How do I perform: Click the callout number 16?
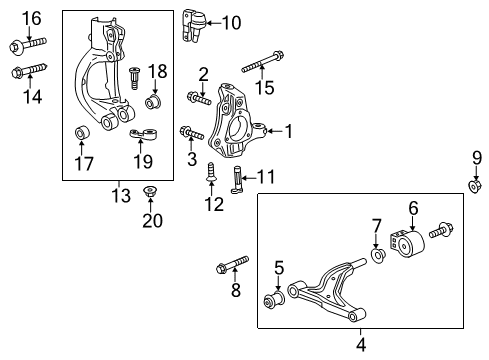pyautogui.click(x=32, y=17)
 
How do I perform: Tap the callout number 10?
pyautogui.click(x=231, y=22)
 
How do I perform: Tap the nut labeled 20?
pyautogui.click(x=151, y=191)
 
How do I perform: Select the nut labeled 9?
pyautogui.click(x=476, y=186)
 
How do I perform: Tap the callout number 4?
pyautogui.click(x=361, y=344)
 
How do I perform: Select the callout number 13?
pyautogui.click(x=121, y=196)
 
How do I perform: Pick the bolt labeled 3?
pyautogui.click(x=191, y=133)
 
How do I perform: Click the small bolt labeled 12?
pyautogui.click(x=212, y=172)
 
